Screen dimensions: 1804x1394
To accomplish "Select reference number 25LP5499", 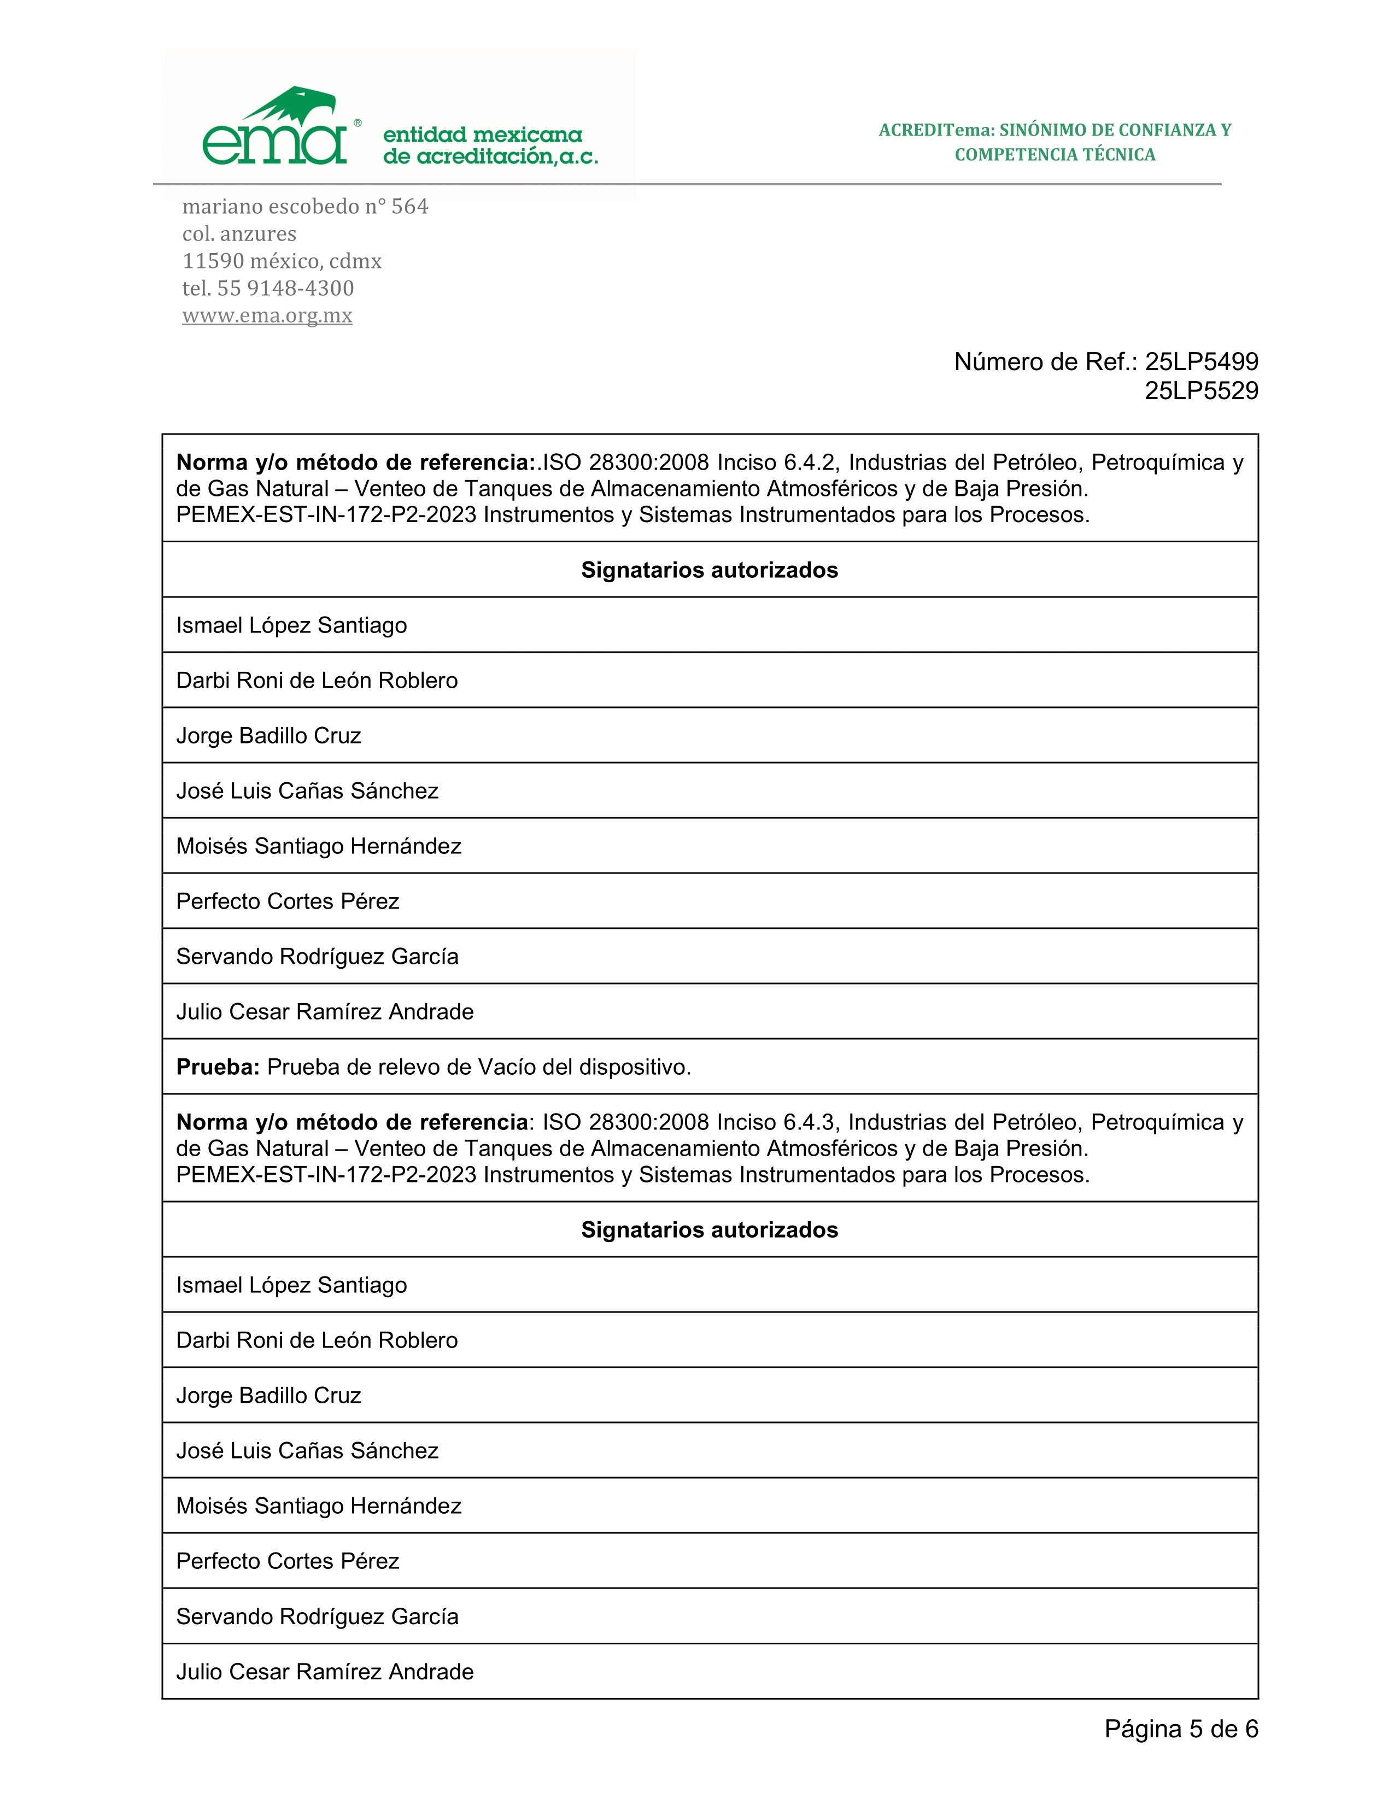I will [x=1201, y=362].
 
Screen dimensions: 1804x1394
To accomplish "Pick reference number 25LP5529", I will [x=1201, y=391].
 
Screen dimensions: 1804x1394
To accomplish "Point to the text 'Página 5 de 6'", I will [x=1181, y=1729].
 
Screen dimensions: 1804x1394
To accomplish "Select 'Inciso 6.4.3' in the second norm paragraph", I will [x=778, y=1122].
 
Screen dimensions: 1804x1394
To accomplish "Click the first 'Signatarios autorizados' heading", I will [x=710, y=570].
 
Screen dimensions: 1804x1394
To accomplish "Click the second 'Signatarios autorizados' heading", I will [x=710, y=1230].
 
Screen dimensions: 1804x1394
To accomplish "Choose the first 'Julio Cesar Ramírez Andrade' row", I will [x=325, y=1012].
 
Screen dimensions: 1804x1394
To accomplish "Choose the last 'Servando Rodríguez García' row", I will [x=317, y=1616].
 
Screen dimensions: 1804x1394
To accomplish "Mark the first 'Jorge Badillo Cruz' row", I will [x=268, y=736].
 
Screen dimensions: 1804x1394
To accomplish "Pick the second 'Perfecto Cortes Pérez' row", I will [x=288, y=1561].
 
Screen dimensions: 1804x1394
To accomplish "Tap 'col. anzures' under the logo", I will [x=239, y=234].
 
